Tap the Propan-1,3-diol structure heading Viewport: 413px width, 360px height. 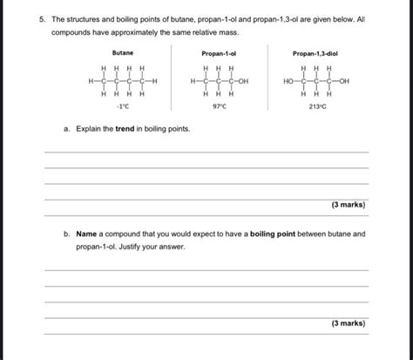[315, 53]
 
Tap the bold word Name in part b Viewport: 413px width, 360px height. [86, 234]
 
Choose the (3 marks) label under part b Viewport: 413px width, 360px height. [348, 323]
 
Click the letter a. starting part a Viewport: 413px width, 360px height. [66, 129]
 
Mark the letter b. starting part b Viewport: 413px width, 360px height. [66, 234]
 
